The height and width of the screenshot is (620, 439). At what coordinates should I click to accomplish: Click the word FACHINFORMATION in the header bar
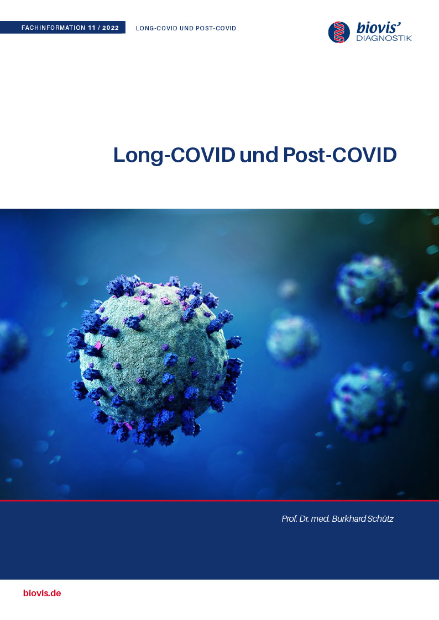pos(54,28)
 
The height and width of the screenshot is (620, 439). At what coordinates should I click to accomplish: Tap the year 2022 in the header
pos(111,28)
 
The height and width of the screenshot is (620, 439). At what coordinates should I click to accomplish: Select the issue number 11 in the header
pos(92,28)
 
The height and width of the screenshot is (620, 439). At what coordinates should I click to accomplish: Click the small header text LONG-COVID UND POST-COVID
pos(186,28)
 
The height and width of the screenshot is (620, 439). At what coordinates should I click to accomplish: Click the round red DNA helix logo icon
pos(339,32)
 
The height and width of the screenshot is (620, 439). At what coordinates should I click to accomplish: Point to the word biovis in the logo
pos(377,28)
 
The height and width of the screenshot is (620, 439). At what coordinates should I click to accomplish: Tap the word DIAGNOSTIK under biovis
pos(384,38)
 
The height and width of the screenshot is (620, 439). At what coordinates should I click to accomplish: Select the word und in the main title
pos(259,155)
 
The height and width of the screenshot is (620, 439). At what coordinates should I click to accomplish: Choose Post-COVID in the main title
pos(339,155)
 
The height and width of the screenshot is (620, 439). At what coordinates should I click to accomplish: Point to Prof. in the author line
pos(289,519)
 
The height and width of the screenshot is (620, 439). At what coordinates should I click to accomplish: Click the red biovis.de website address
pos(42,593)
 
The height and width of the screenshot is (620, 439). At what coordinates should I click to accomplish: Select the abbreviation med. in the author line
pos(320,519)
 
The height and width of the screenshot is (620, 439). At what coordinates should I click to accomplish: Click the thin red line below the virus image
pos(219,500)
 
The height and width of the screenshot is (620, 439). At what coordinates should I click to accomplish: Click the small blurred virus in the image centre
pos(292,341)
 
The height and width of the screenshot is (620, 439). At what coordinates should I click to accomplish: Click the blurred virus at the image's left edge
pos(12,346)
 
